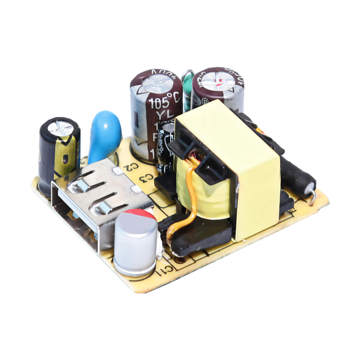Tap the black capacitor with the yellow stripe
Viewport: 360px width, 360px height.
click(58, 148)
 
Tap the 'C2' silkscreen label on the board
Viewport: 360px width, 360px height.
click(129, 166)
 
